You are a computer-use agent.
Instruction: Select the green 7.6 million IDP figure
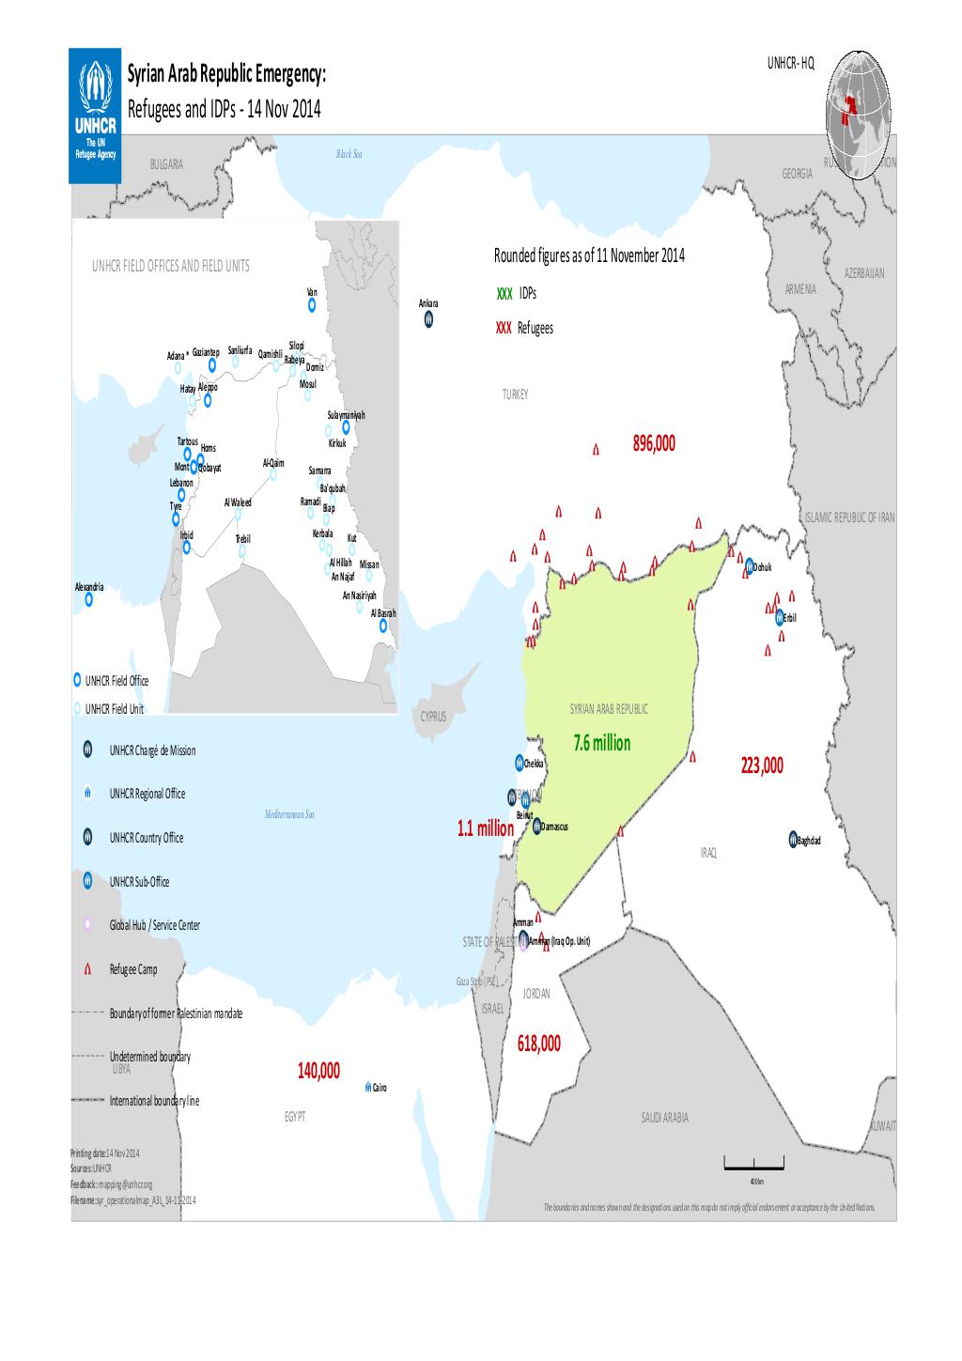(x=601, y=744)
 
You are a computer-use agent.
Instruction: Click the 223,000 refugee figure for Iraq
(x=760, y=766)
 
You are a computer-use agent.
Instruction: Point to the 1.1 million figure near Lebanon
(x=485, y=828)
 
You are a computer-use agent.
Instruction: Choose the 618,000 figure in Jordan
(x=538, y=1044)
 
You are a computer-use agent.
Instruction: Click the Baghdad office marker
(x=793, y=839)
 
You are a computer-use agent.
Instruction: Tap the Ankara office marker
(x=427, y=320)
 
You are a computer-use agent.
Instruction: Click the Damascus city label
(x=555, y=827)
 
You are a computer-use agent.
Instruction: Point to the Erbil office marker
(x=779, y=617)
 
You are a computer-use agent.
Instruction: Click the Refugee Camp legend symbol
(x=86, y=969)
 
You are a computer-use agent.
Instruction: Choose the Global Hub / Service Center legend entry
(x=154, y=925)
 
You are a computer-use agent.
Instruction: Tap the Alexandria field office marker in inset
(x=89, y=599)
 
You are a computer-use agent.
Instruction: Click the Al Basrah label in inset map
(x=382, y=613)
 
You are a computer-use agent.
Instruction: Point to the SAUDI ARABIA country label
(x=664, y=1118)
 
